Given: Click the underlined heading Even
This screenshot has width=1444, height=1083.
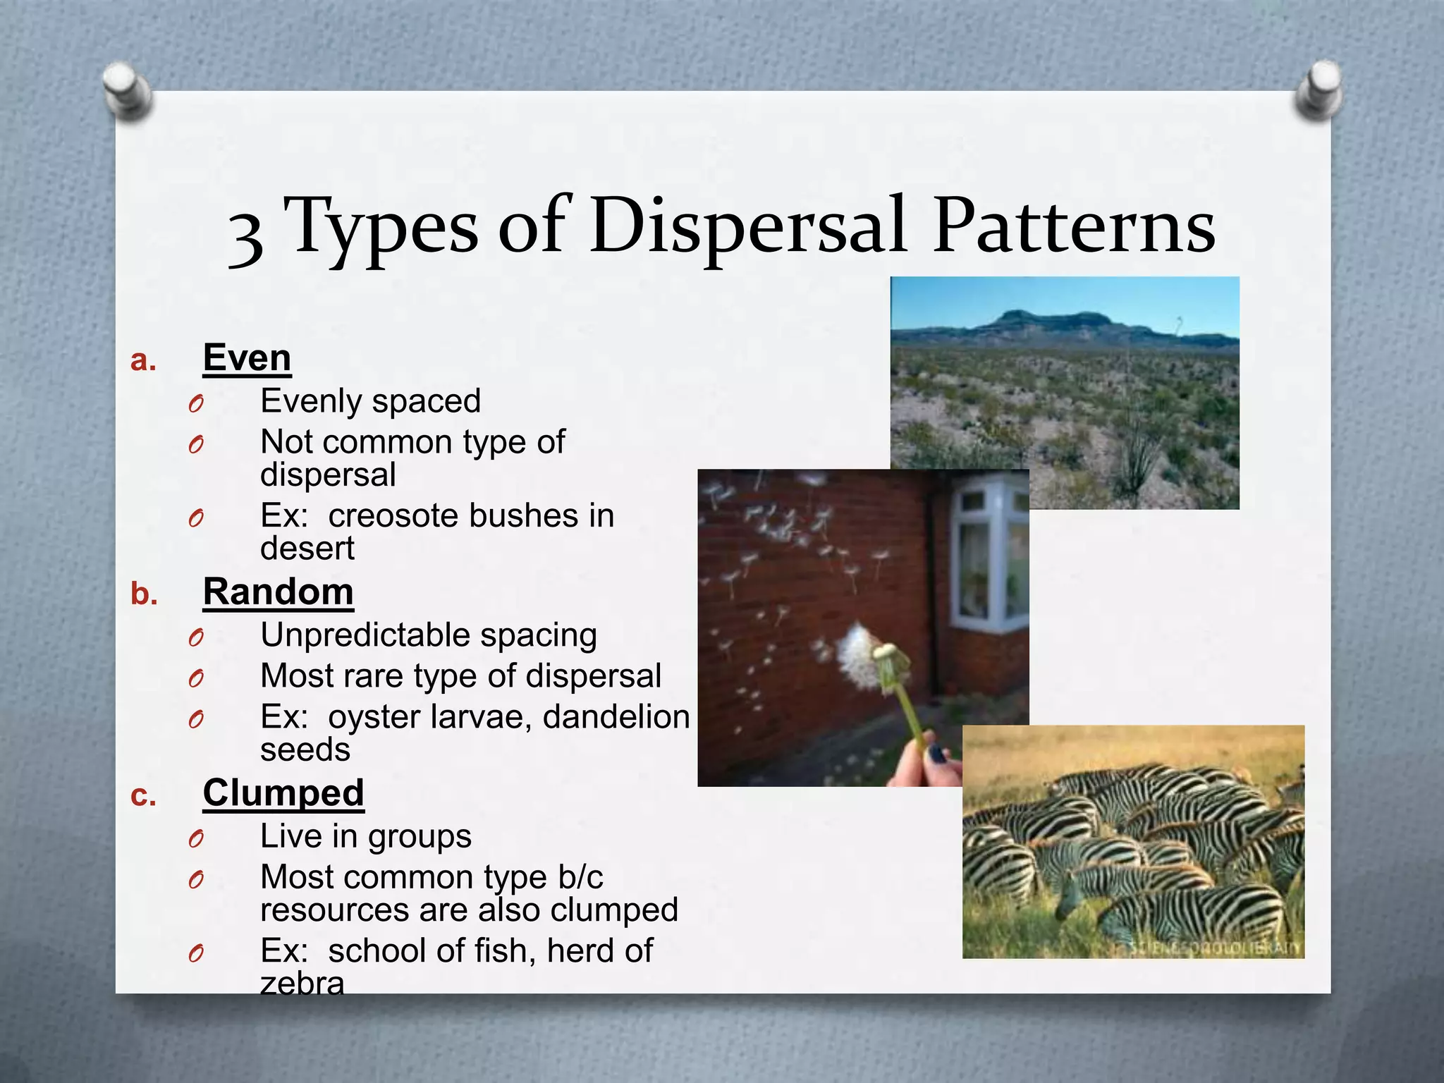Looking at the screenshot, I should click(247, 358).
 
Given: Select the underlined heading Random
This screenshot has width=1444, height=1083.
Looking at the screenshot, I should click(278, 592).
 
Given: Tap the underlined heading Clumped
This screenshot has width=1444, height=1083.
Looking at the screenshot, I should click(283, 793).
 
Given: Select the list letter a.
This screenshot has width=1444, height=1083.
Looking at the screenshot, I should click(143, 361).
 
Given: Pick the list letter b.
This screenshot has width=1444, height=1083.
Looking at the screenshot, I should click(144, 594).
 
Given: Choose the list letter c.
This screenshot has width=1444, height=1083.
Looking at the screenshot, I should click(143, 797).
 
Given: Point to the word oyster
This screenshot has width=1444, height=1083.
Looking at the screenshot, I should click(374, 717).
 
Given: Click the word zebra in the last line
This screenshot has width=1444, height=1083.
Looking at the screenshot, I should click(302, 982).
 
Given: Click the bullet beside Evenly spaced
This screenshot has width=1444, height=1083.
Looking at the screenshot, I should click(196, 404).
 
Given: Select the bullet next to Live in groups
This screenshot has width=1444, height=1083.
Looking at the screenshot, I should click(196, 839).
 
